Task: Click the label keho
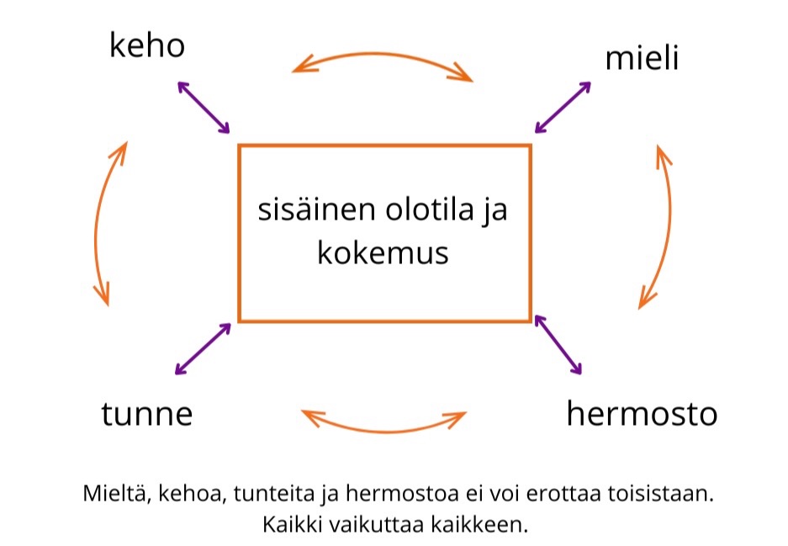146,45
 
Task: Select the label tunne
147,414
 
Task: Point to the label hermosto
642,414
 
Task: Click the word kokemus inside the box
383,252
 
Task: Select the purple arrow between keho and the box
204,107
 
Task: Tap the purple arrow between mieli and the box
563,107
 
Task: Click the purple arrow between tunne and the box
202,348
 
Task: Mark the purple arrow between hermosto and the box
558,344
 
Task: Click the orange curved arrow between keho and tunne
99,223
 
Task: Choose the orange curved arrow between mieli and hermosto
665,225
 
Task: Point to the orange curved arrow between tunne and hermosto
383,424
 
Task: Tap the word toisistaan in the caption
664,494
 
